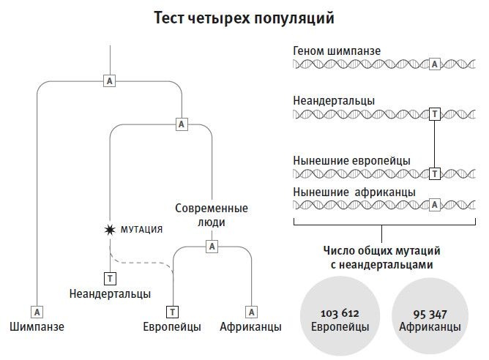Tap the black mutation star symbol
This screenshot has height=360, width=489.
(110, 229)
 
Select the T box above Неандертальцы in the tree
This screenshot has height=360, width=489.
(110, 278)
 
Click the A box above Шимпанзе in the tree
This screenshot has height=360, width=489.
(37, 311)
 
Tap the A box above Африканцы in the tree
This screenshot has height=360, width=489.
(250, 311)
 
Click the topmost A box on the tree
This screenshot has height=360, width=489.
(109, 80)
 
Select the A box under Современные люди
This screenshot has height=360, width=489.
(212, 247)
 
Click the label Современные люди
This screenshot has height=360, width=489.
(212, 215)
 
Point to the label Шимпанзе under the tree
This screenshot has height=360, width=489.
(37, 327)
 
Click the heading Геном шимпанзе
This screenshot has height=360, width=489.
(336, 50)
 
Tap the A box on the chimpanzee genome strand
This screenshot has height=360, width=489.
(434, 64)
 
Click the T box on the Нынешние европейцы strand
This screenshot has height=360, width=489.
(434, 173)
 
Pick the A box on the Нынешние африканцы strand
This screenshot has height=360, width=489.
(434, 205)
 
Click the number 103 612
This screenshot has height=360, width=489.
(340, 313)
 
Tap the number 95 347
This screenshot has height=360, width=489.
(430, 313)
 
